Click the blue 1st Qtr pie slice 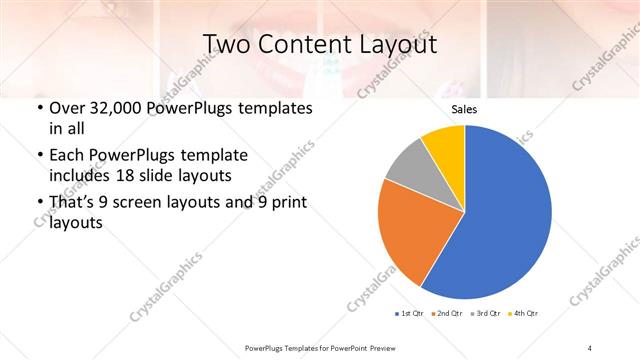pos(505,215)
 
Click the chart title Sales pos(464,109)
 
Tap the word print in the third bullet pos(286,204)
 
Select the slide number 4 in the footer pos(590,348)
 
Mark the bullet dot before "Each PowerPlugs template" pos(39,156)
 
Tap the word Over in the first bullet pos(66,108)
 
